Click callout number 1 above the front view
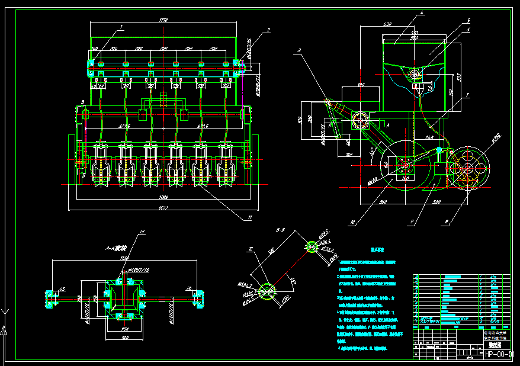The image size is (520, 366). tap(121, 26)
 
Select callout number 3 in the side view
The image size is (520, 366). tap(300, 50)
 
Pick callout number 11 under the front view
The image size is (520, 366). tap(251, 218)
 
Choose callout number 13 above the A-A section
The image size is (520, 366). tap(142, 231)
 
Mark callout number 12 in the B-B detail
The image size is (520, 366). tap(251, 249)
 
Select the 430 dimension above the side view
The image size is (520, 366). tap(388, 24)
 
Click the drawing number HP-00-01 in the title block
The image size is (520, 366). tap(499, 354)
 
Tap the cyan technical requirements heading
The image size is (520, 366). tap(377, 251)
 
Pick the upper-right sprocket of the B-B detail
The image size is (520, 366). tap(312, 246)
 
